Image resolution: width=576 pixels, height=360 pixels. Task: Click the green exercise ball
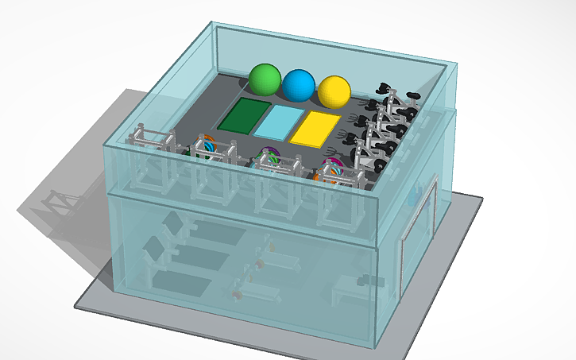265,79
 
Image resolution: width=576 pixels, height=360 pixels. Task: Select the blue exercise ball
299,84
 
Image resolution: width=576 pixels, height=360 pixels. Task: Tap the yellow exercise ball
334,91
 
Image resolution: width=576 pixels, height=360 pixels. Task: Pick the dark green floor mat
245,116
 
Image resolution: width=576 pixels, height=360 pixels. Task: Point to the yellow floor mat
315,128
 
